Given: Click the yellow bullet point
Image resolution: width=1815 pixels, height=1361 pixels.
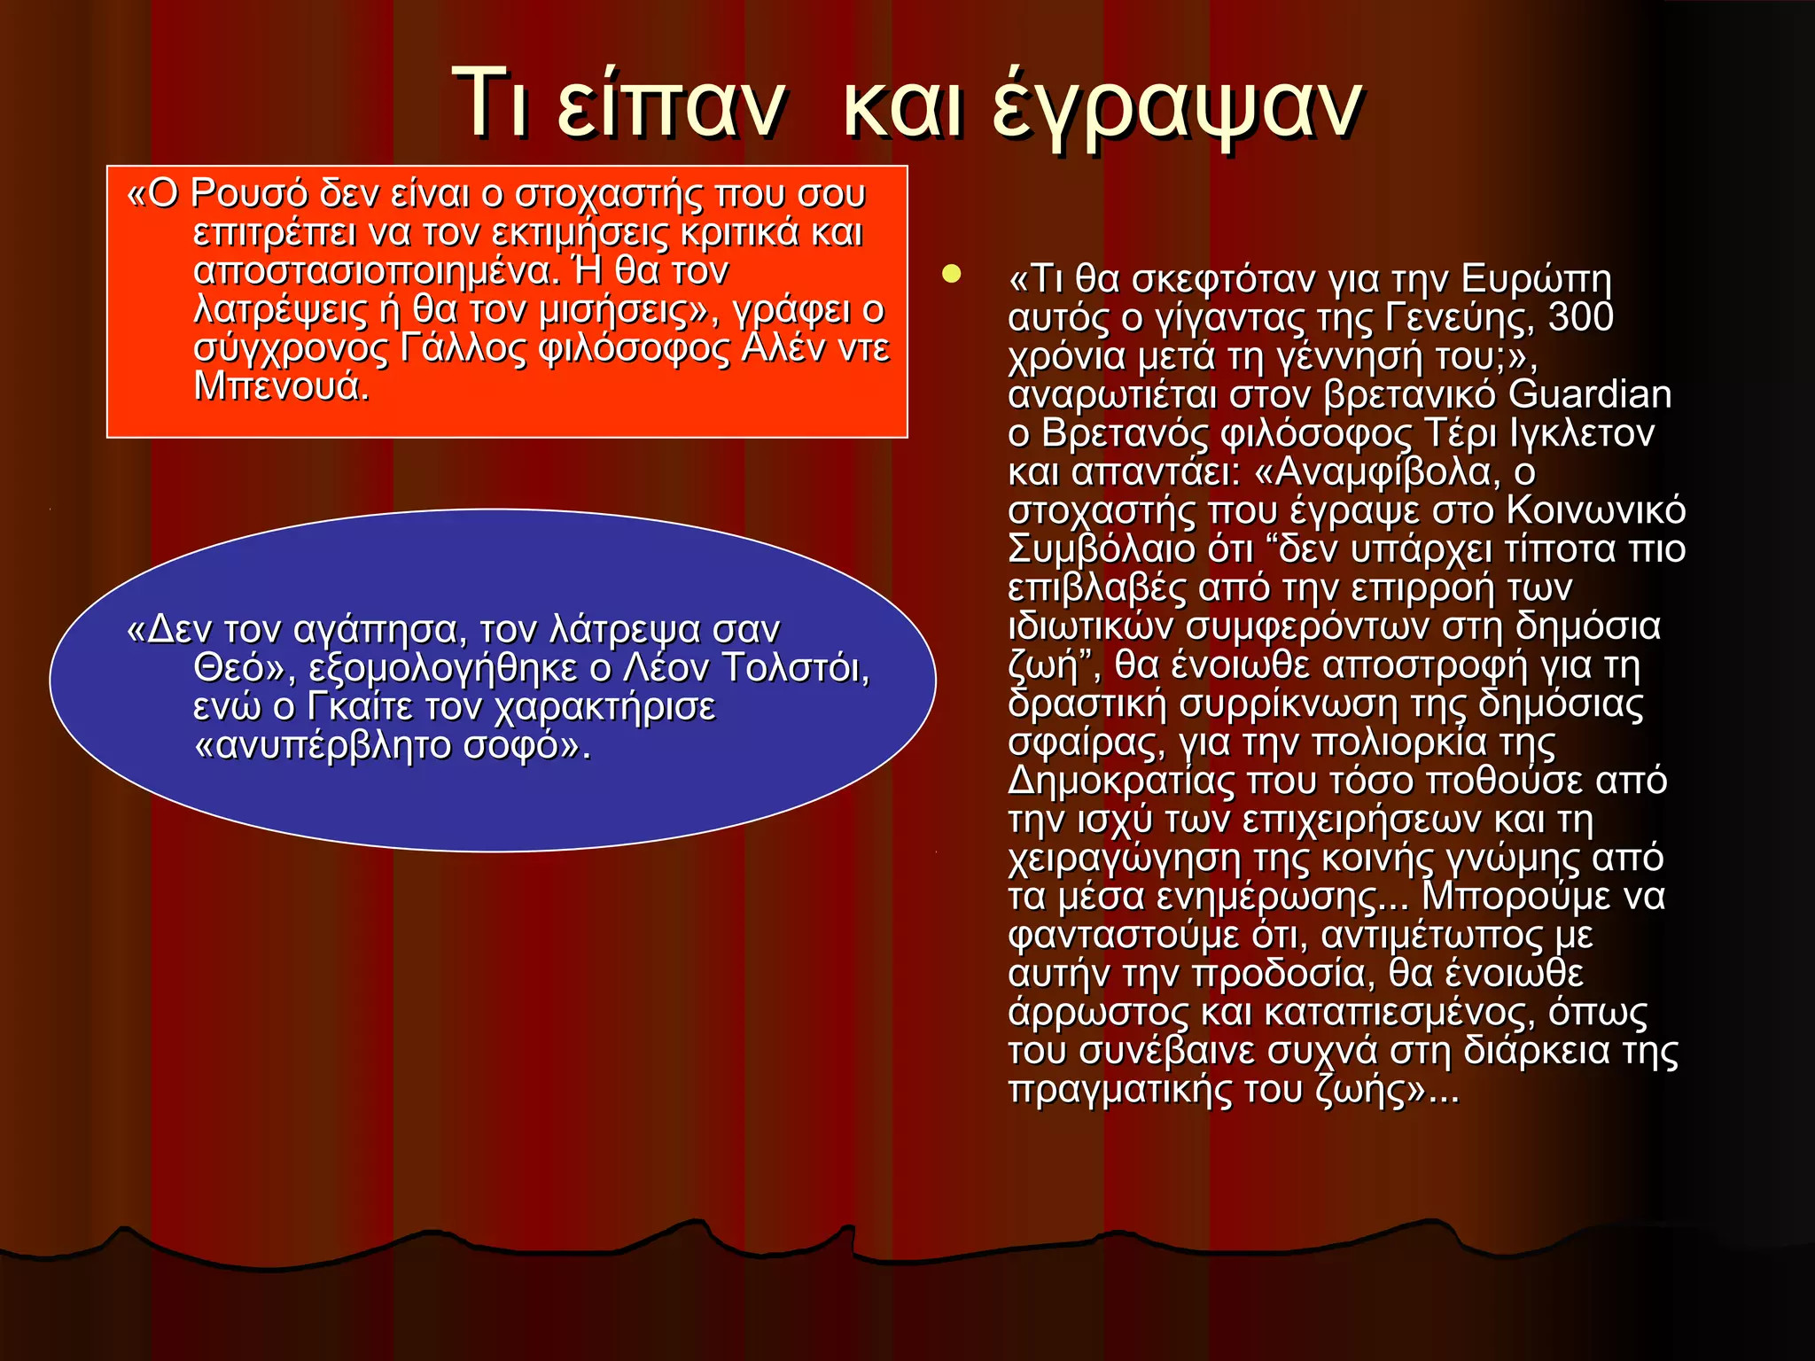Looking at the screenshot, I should tap(951, 274).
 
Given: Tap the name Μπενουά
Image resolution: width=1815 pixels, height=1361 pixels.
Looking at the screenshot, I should tap(281, 387).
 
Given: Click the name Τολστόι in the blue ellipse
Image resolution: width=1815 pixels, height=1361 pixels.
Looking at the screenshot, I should tap(795, 668).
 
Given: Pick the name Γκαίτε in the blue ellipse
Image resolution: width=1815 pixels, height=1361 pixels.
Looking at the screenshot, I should tap(361, 707).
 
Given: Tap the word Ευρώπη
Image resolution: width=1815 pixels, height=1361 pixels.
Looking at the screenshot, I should tap(1535, 279).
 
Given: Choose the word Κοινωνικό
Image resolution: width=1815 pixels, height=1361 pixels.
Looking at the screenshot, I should tap(1595, 510).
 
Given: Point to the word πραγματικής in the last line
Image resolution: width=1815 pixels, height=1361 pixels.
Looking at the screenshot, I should tap(1119, 1090).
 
